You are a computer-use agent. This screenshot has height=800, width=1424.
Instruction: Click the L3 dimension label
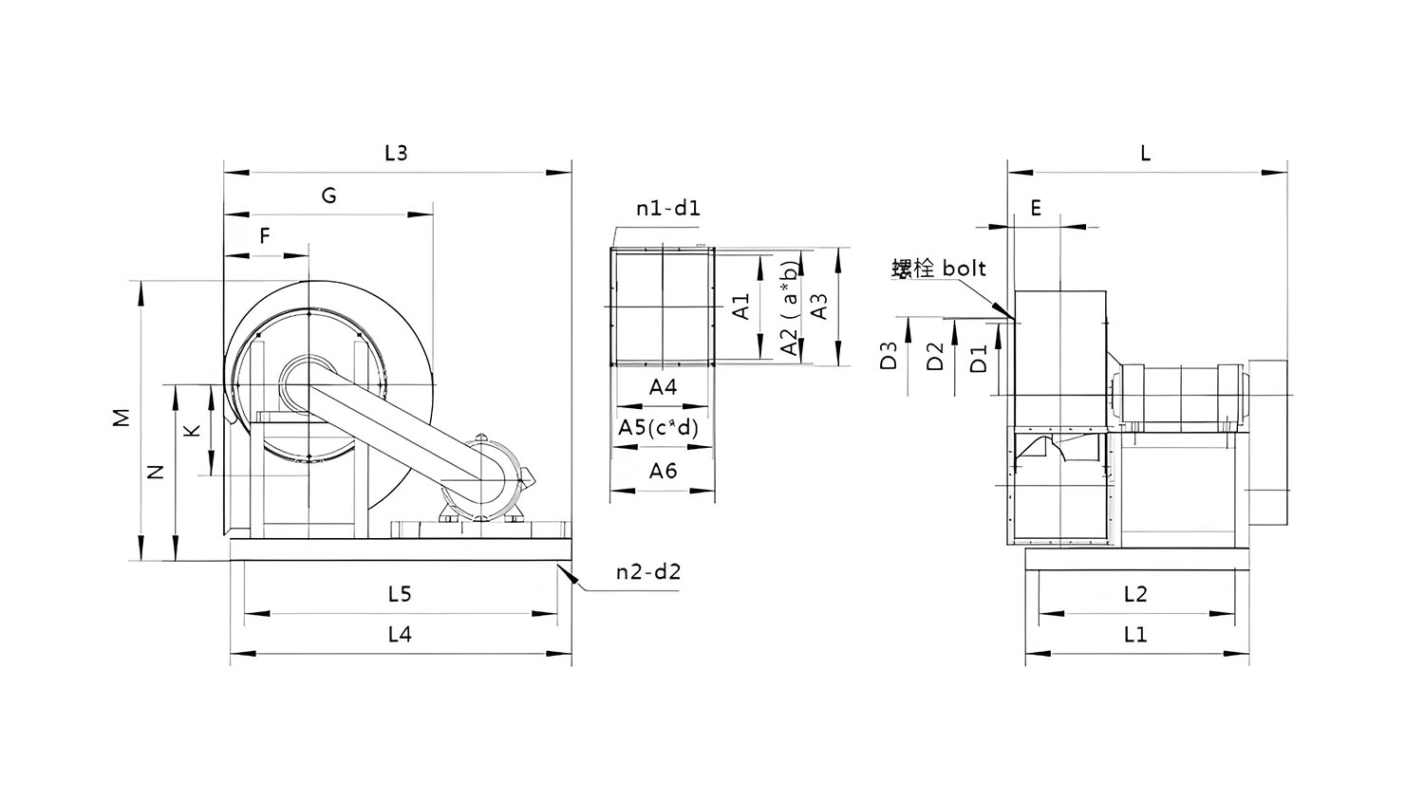pyautogui.click(x=396, y=153)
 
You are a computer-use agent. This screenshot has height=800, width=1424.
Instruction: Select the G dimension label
pyautogui.click(x=328, y=195)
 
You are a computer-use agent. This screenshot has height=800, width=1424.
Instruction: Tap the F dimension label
pyautogui.click(x=265, y=235)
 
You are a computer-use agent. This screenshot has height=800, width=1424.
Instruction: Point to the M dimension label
pyautogui.click(x=121, y=418)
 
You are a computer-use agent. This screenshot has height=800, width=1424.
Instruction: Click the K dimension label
pyautogui.click(x=192, y=430)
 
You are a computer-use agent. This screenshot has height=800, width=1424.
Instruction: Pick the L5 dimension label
pyautogui.click(x=400, y=594)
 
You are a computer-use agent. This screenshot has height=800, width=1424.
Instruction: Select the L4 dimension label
pyautogui.click(x=400, y=634)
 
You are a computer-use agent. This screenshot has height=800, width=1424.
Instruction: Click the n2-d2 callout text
pyautogui.click(x=648, y=571)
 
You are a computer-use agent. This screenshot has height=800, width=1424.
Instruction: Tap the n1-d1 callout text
pyautogui.click(x=668, y=208)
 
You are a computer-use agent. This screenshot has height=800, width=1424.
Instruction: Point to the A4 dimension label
pyautogui.click(x=663, y=386)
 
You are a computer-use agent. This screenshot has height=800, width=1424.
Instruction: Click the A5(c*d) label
pyautogui.click(x=658, y=427)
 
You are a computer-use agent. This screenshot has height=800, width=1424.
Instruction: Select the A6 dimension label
pyautogui.click(x=663, y=470)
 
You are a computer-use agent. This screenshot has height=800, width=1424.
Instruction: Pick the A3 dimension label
pyautogui.click(x=819, y=307)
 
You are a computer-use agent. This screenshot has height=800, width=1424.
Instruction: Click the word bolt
pyautogui.click(x=964, y=269)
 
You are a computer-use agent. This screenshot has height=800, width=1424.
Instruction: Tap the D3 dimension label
pyautogui.click(x=889, y=356)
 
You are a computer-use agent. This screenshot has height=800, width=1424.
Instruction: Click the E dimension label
pyautogui.click(x=1036, y=208)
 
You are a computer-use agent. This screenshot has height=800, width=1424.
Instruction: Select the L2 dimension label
pyautogui.click(x=1135, y=594)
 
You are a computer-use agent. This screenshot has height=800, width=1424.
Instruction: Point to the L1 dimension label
pyautogui.click(x=1135, y=634)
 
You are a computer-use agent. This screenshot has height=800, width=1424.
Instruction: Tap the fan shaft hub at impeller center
pyautogui.click(x=307, y=382)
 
